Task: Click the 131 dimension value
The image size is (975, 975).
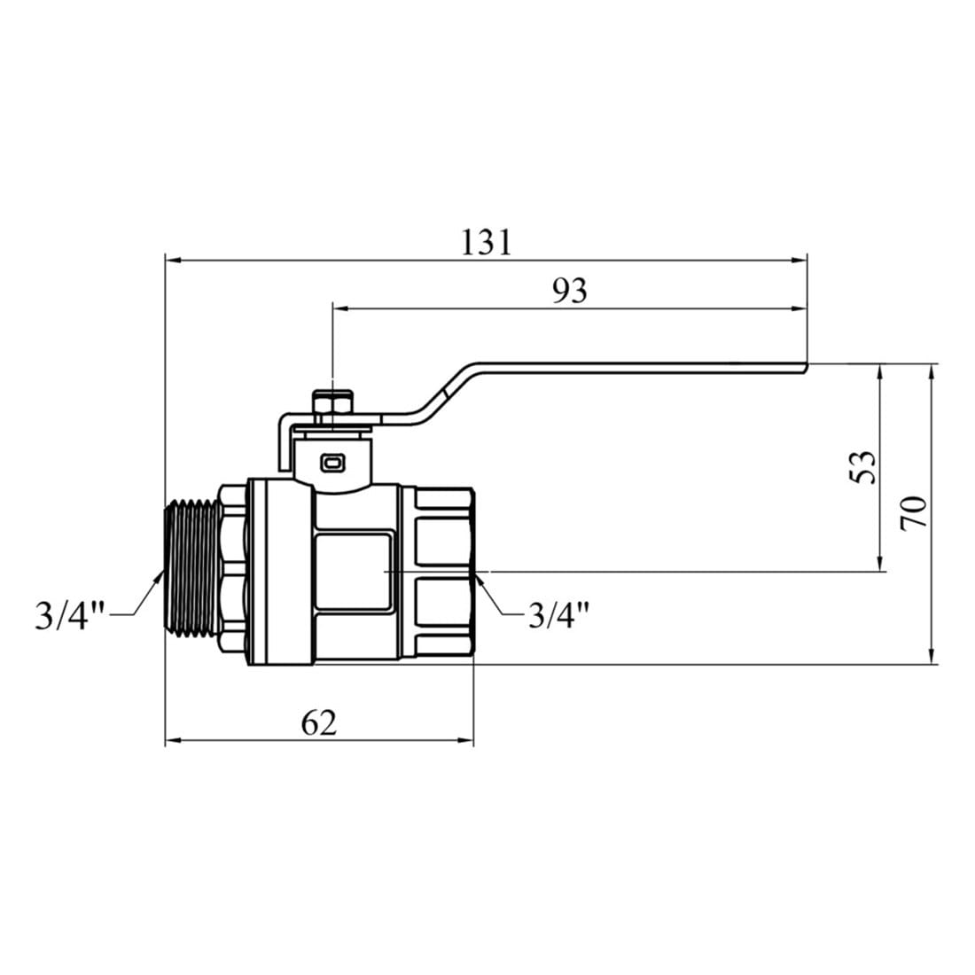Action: (487, 243)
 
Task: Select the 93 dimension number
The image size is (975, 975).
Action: (570, 291)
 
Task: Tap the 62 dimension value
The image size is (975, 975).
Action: (318, 722)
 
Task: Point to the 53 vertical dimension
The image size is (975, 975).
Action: (862, 466)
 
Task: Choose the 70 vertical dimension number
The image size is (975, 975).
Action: (913, 513)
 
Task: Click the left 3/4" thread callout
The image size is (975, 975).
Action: (70, 616)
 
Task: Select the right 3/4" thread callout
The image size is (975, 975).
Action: (558, 615)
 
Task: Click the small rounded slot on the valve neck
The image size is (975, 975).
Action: (331, 463)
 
